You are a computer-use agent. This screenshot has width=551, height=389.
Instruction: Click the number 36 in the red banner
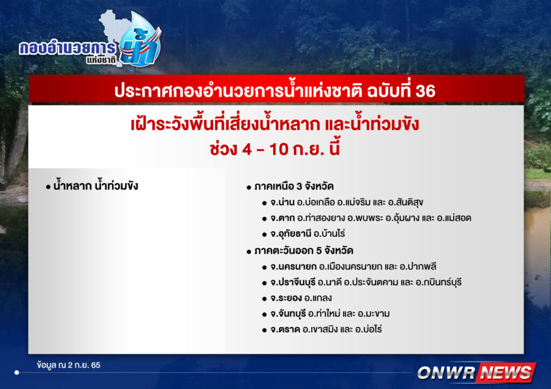click(x=425, y=91)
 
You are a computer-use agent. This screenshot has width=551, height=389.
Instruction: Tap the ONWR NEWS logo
click(x=477, y=372)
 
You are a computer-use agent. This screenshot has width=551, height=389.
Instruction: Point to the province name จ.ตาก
click(x=282, y=218)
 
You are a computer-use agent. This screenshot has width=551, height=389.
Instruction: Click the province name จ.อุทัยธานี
click(x=291, y=234)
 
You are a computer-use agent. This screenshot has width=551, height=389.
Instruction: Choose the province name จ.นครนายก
click(x=293, y=266)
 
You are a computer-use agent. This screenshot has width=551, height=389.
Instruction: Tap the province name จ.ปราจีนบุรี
click(x=293, y=283)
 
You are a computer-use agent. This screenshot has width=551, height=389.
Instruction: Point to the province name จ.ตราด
click(x=285, y=329)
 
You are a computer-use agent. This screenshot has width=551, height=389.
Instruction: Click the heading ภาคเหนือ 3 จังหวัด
click(x=294, y=186)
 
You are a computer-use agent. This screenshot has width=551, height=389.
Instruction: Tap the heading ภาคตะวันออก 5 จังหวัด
click(x=303, y=251)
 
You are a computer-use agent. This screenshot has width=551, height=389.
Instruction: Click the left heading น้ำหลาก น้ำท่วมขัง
click(x=96, y=186)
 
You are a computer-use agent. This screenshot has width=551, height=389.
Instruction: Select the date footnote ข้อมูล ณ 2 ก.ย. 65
click(x=68, y=365)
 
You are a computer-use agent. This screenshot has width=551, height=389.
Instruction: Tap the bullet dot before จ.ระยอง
click(x=264, y=299)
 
